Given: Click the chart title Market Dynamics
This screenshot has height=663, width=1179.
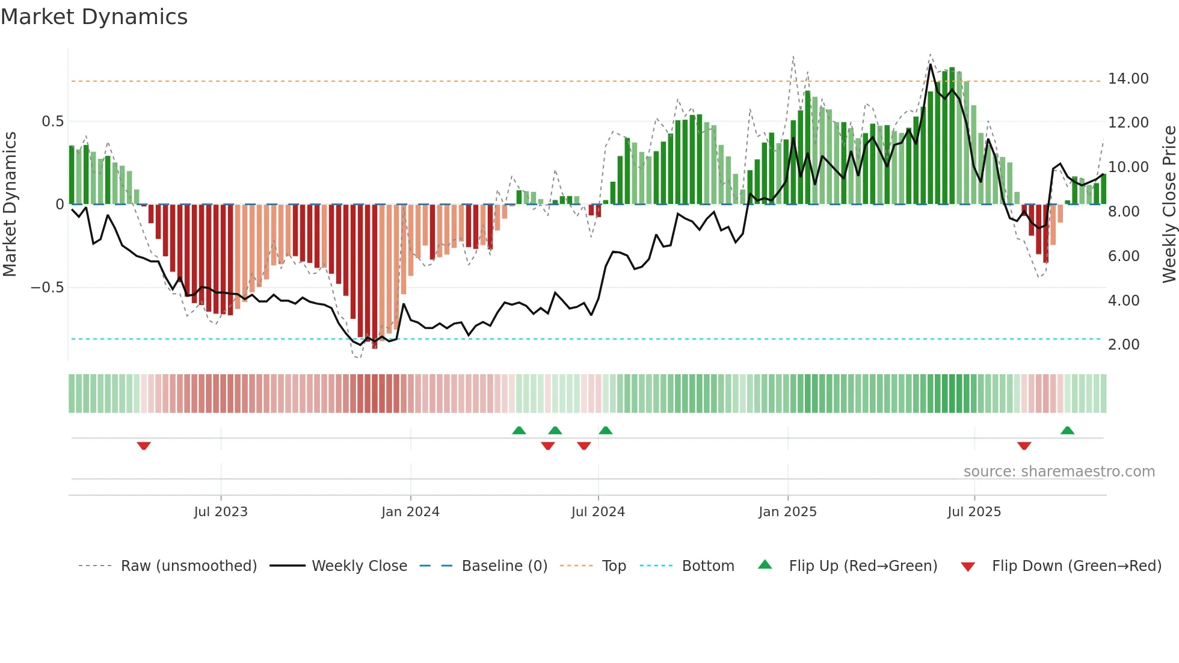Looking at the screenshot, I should click(x=94, y=17).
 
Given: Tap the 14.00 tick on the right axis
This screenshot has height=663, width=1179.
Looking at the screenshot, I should click(x=1128, y=79).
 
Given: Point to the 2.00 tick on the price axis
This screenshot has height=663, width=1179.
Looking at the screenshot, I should click(x=1123, y=345).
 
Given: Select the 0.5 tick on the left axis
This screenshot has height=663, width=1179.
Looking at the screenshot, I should click(x=52, y=122).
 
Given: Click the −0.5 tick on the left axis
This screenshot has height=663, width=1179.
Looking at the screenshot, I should click(x=47, y=288).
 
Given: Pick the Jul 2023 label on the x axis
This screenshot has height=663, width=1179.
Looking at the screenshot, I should click(x=221, y=512).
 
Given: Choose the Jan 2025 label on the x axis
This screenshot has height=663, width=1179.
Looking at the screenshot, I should click(x=787, y=512).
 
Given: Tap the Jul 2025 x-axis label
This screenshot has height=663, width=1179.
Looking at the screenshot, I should click(x=974, y=512).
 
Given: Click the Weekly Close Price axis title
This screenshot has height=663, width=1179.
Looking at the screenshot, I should click(x=1169, y=205).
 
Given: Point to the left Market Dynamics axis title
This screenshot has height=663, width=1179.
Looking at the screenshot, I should click(x=10, y=205).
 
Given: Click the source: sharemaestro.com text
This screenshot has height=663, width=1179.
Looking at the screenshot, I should click(x=1059, y=472).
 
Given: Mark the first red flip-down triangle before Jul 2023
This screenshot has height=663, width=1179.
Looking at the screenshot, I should click(x=144, y=446).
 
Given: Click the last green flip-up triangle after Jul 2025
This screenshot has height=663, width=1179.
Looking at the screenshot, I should click(x=1067, y=430).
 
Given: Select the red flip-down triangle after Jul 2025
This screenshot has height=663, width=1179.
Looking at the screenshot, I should click(x=1024, y=446).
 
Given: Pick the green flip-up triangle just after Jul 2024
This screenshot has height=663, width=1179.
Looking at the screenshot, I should click(x=606, y=430).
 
